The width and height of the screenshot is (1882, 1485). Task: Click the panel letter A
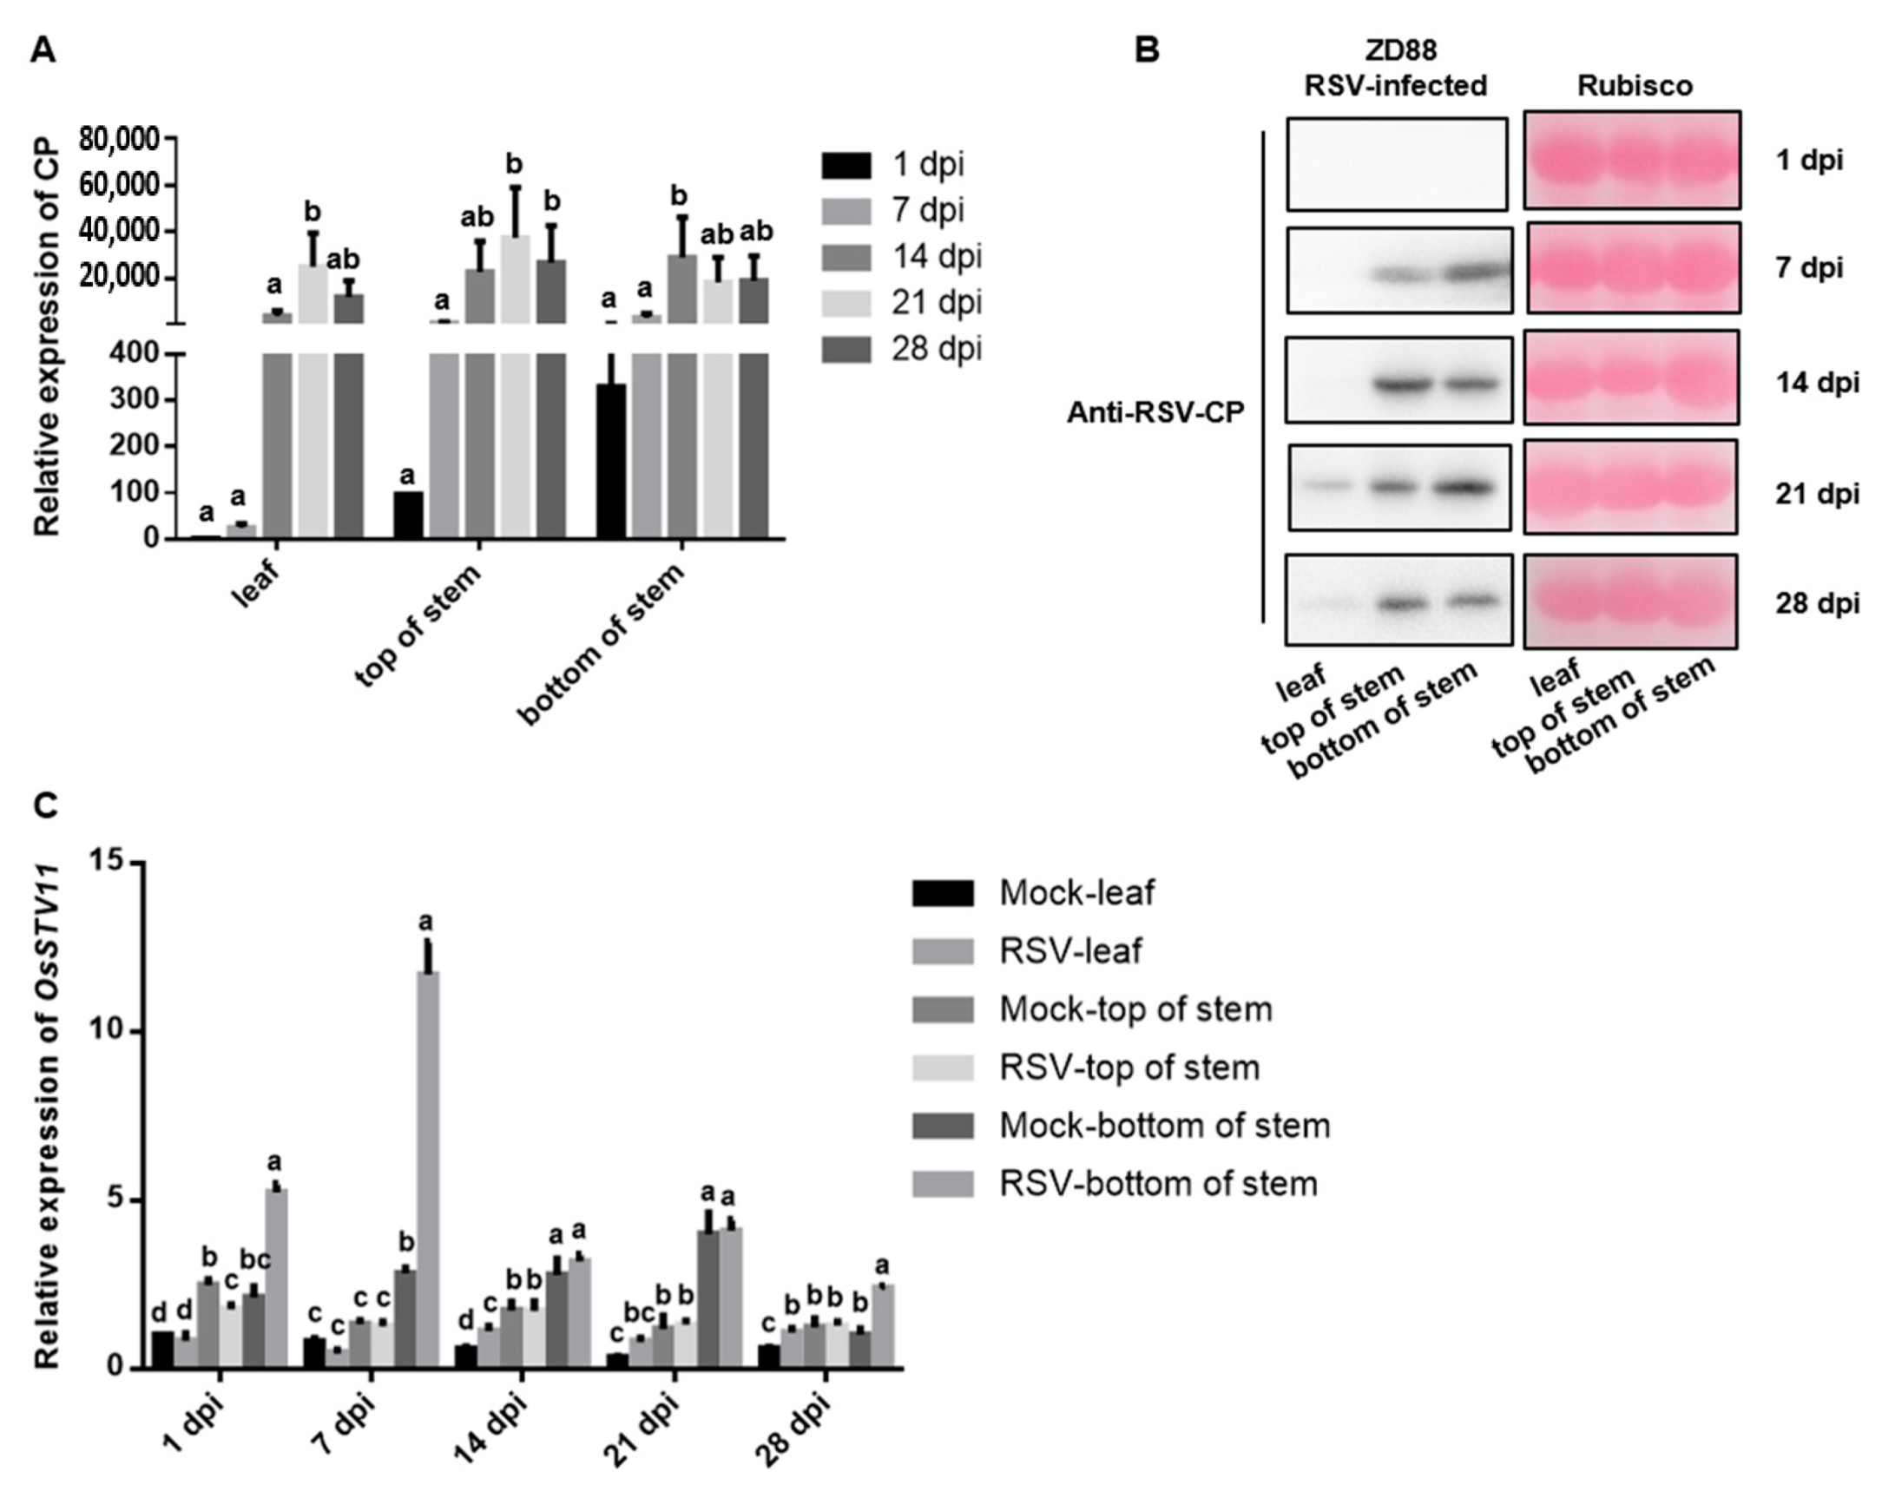coord(43,51)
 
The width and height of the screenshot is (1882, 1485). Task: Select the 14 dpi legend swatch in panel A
coord(846,258)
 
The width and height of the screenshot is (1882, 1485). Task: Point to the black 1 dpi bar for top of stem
coord(408,516)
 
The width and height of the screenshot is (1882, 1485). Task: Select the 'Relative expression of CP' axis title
coord(48,337)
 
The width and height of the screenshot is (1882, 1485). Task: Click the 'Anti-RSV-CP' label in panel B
coord(1155,414)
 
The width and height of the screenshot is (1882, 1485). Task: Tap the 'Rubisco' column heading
coord(1634,86)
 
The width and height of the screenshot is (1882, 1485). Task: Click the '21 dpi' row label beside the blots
coord(1817,494)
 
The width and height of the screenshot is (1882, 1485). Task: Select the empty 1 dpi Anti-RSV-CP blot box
coord(1396,164)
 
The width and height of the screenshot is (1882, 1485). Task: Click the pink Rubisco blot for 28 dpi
coord(1629,601)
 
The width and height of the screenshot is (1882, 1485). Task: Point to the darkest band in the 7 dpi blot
coord(1474,273)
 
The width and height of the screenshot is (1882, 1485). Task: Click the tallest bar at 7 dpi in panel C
coord(427,1169)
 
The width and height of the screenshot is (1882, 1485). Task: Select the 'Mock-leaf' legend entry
coord(1076,893)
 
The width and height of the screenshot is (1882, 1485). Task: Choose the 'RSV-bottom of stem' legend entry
coord(1157,1184)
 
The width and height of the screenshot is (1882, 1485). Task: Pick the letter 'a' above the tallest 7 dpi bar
coord(426,922)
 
